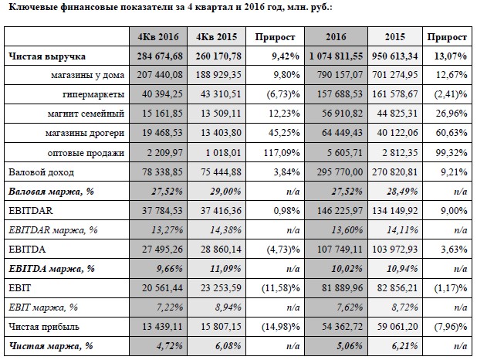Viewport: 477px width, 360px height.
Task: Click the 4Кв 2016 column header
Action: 158,37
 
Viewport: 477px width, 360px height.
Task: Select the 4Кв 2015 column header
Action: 216,37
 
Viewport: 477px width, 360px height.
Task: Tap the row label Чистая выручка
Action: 47,56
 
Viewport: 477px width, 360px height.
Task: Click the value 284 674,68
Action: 160,56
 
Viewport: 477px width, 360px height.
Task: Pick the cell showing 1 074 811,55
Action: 336,56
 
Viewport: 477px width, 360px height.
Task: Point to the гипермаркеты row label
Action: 93,94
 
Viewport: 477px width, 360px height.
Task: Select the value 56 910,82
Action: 342,114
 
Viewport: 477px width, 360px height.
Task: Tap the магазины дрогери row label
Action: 85,133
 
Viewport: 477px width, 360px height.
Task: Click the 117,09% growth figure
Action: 282,152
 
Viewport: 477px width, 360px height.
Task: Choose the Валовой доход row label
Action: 41,172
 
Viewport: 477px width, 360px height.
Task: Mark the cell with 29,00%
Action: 225,192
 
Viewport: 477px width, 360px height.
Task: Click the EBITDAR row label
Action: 30,211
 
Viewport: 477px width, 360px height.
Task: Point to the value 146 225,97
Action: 340,211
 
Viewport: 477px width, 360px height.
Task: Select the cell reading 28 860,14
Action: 221,250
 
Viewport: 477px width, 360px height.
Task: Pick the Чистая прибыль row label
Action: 44,327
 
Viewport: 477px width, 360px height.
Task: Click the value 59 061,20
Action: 397,327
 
